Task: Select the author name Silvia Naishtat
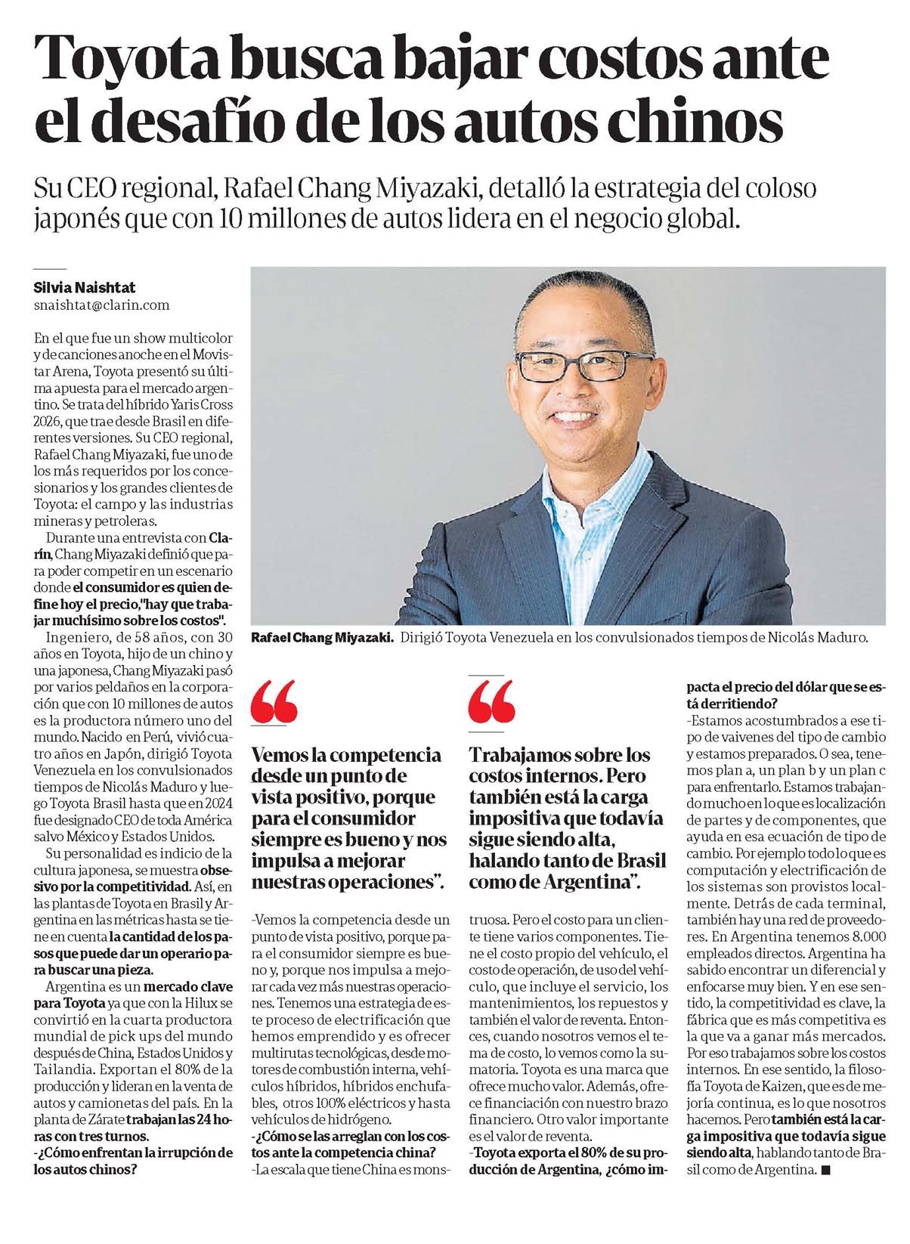[x=85, y=287]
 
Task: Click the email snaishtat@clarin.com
[x=101, y=305]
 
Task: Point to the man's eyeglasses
[x=585, y=366]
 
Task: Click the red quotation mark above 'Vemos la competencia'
[x=274, y=701]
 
